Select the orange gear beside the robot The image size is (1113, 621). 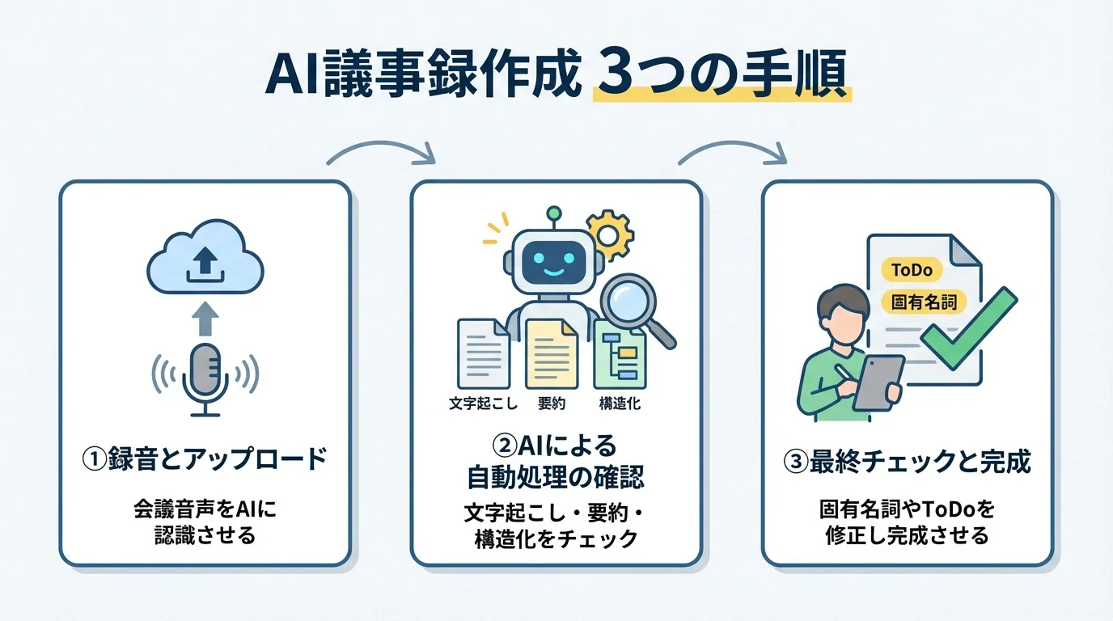point(609,234)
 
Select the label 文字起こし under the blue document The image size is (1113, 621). point(483,403)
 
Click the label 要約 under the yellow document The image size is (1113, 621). point(551,403)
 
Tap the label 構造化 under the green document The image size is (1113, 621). point(620,403)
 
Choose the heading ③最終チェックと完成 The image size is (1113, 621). point(908,462)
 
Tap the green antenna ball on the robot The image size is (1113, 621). point(553,213)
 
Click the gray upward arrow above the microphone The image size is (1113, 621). point(205,318)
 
